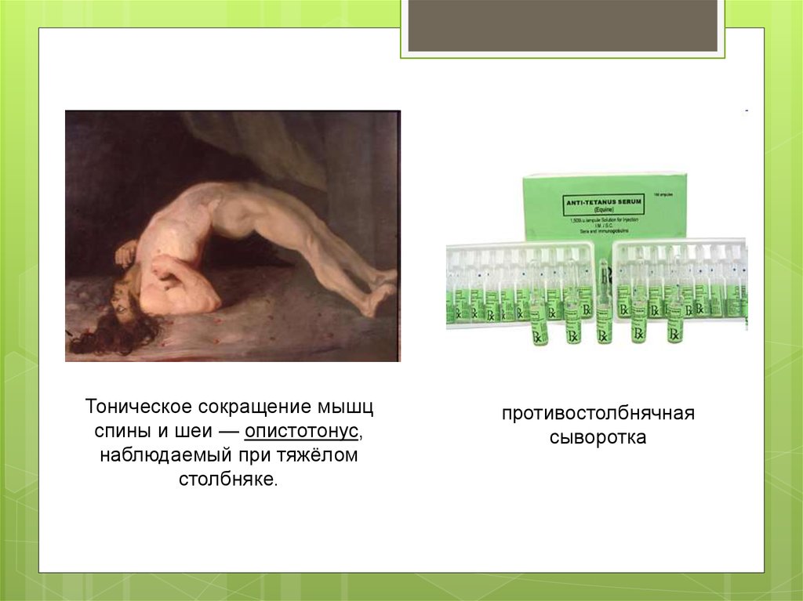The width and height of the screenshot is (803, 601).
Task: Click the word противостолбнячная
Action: [x=598, y=413]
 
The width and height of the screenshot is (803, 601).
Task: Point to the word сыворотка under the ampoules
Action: [x=598, y=437]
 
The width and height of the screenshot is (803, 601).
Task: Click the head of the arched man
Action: [x=125, y=302]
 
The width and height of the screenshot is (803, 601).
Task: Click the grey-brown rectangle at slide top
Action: [x=562, y=25]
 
